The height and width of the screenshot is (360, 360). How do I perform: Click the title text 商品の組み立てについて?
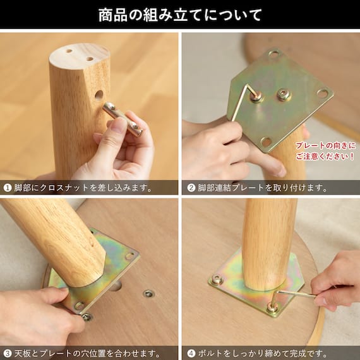(180, 15)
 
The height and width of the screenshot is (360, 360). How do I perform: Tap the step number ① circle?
(8, 188)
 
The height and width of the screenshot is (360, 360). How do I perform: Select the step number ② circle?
(191, 188)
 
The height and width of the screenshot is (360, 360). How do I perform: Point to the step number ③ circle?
(8, 353)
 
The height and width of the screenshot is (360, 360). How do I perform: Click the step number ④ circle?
(191, 353)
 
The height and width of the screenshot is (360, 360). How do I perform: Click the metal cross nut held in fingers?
(123, 119)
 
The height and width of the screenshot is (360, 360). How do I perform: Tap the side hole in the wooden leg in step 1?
(99, 95)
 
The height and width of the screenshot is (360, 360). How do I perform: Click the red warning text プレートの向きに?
(325, 145)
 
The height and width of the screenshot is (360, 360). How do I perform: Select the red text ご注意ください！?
(325, 157)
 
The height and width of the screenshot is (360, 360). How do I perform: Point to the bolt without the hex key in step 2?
(284, 94)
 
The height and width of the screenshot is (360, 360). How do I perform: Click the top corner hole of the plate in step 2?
(273, 54)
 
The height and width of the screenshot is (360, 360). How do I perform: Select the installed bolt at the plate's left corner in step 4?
(217, 279)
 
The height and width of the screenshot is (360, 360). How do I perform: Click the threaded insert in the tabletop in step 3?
(148, 294)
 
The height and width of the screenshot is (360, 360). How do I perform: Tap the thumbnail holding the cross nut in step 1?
(119, 125)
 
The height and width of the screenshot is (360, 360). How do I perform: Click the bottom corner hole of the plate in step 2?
(267, 142)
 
